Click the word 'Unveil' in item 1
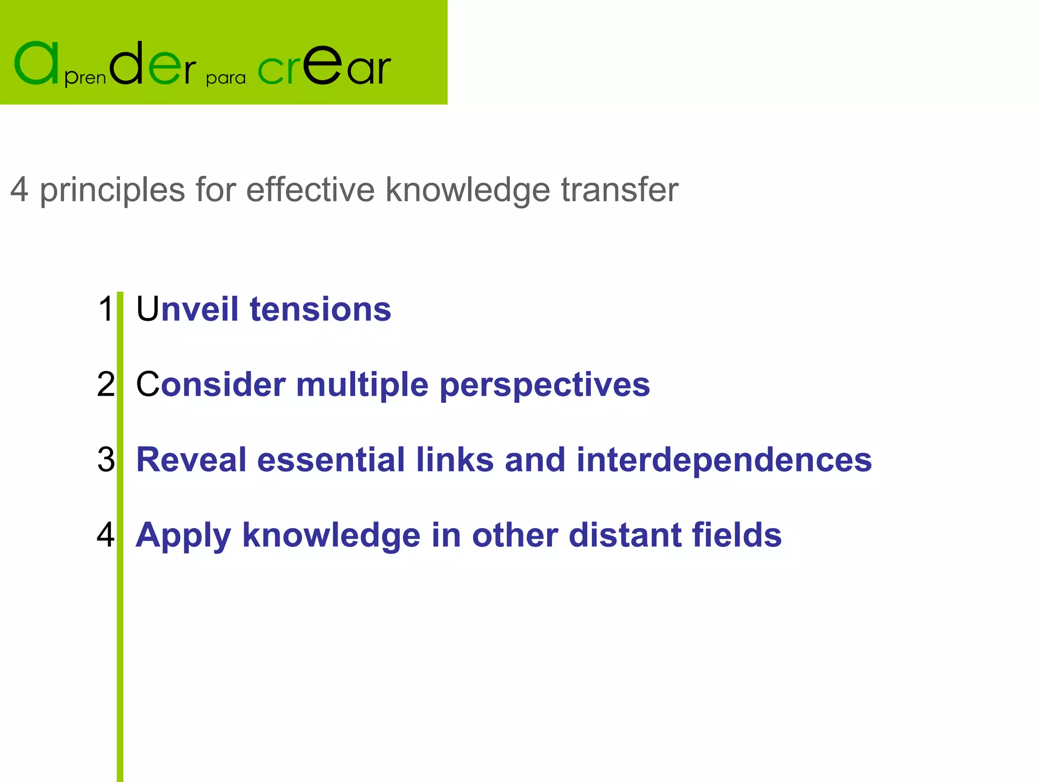tap(187, 309)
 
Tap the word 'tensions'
tap(320, 309)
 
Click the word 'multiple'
tap(362, 385)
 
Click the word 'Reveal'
tap(191, 459)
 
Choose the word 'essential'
tap(331, 459)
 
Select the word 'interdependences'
tap(724, 460)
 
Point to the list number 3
tap(106, 459)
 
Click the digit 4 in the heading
tap(19, 189)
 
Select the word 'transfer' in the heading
tap(619, 189)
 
